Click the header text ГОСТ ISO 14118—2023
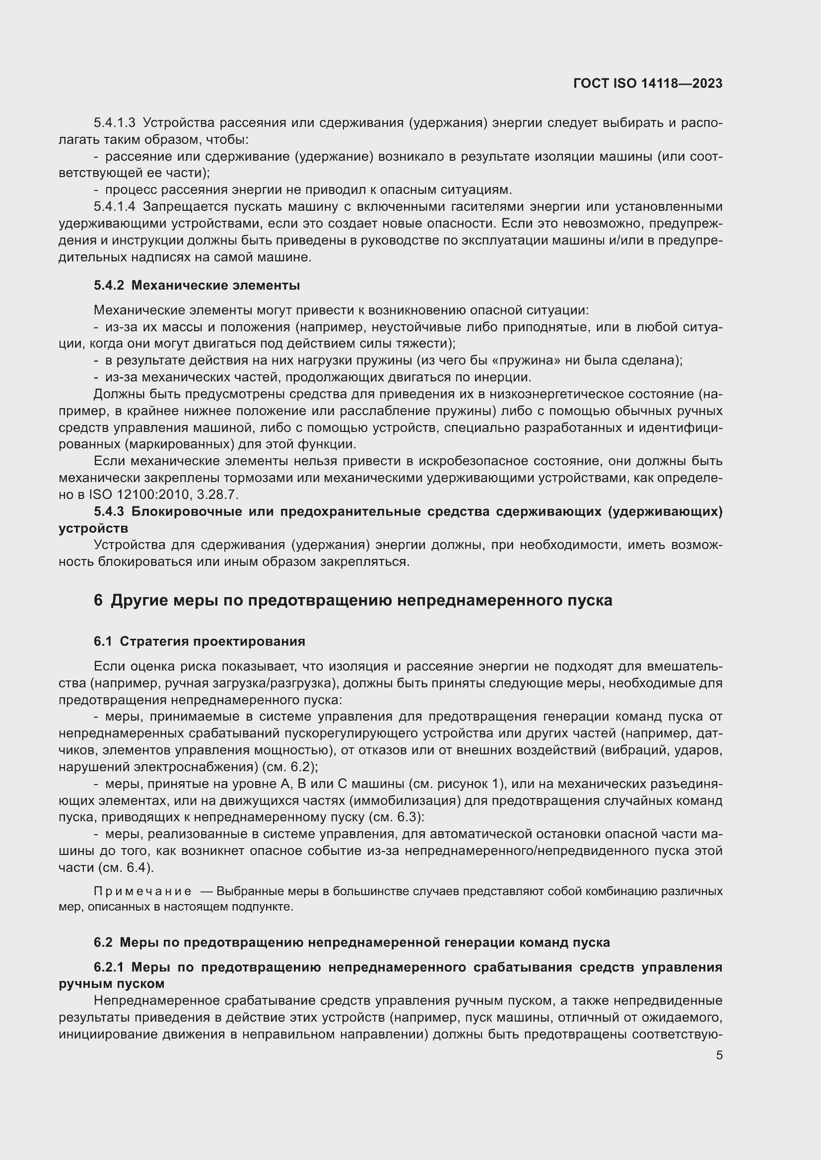[x=648, y=84]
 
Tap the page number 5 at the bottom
[x=719, y=1055]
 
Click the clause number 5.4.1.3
[x=114, y=123]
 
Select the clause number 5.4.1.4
[x=114, y=207]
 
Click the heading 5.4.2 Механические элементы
[x=197, y=286]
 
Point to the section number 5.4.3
[x=109, y=512]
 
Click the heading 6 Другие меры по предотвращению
[x=352, y=600]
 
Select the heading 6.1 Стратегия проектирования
[x=199, y=642]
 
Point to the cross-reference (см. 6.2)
[x=290, y=766]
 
